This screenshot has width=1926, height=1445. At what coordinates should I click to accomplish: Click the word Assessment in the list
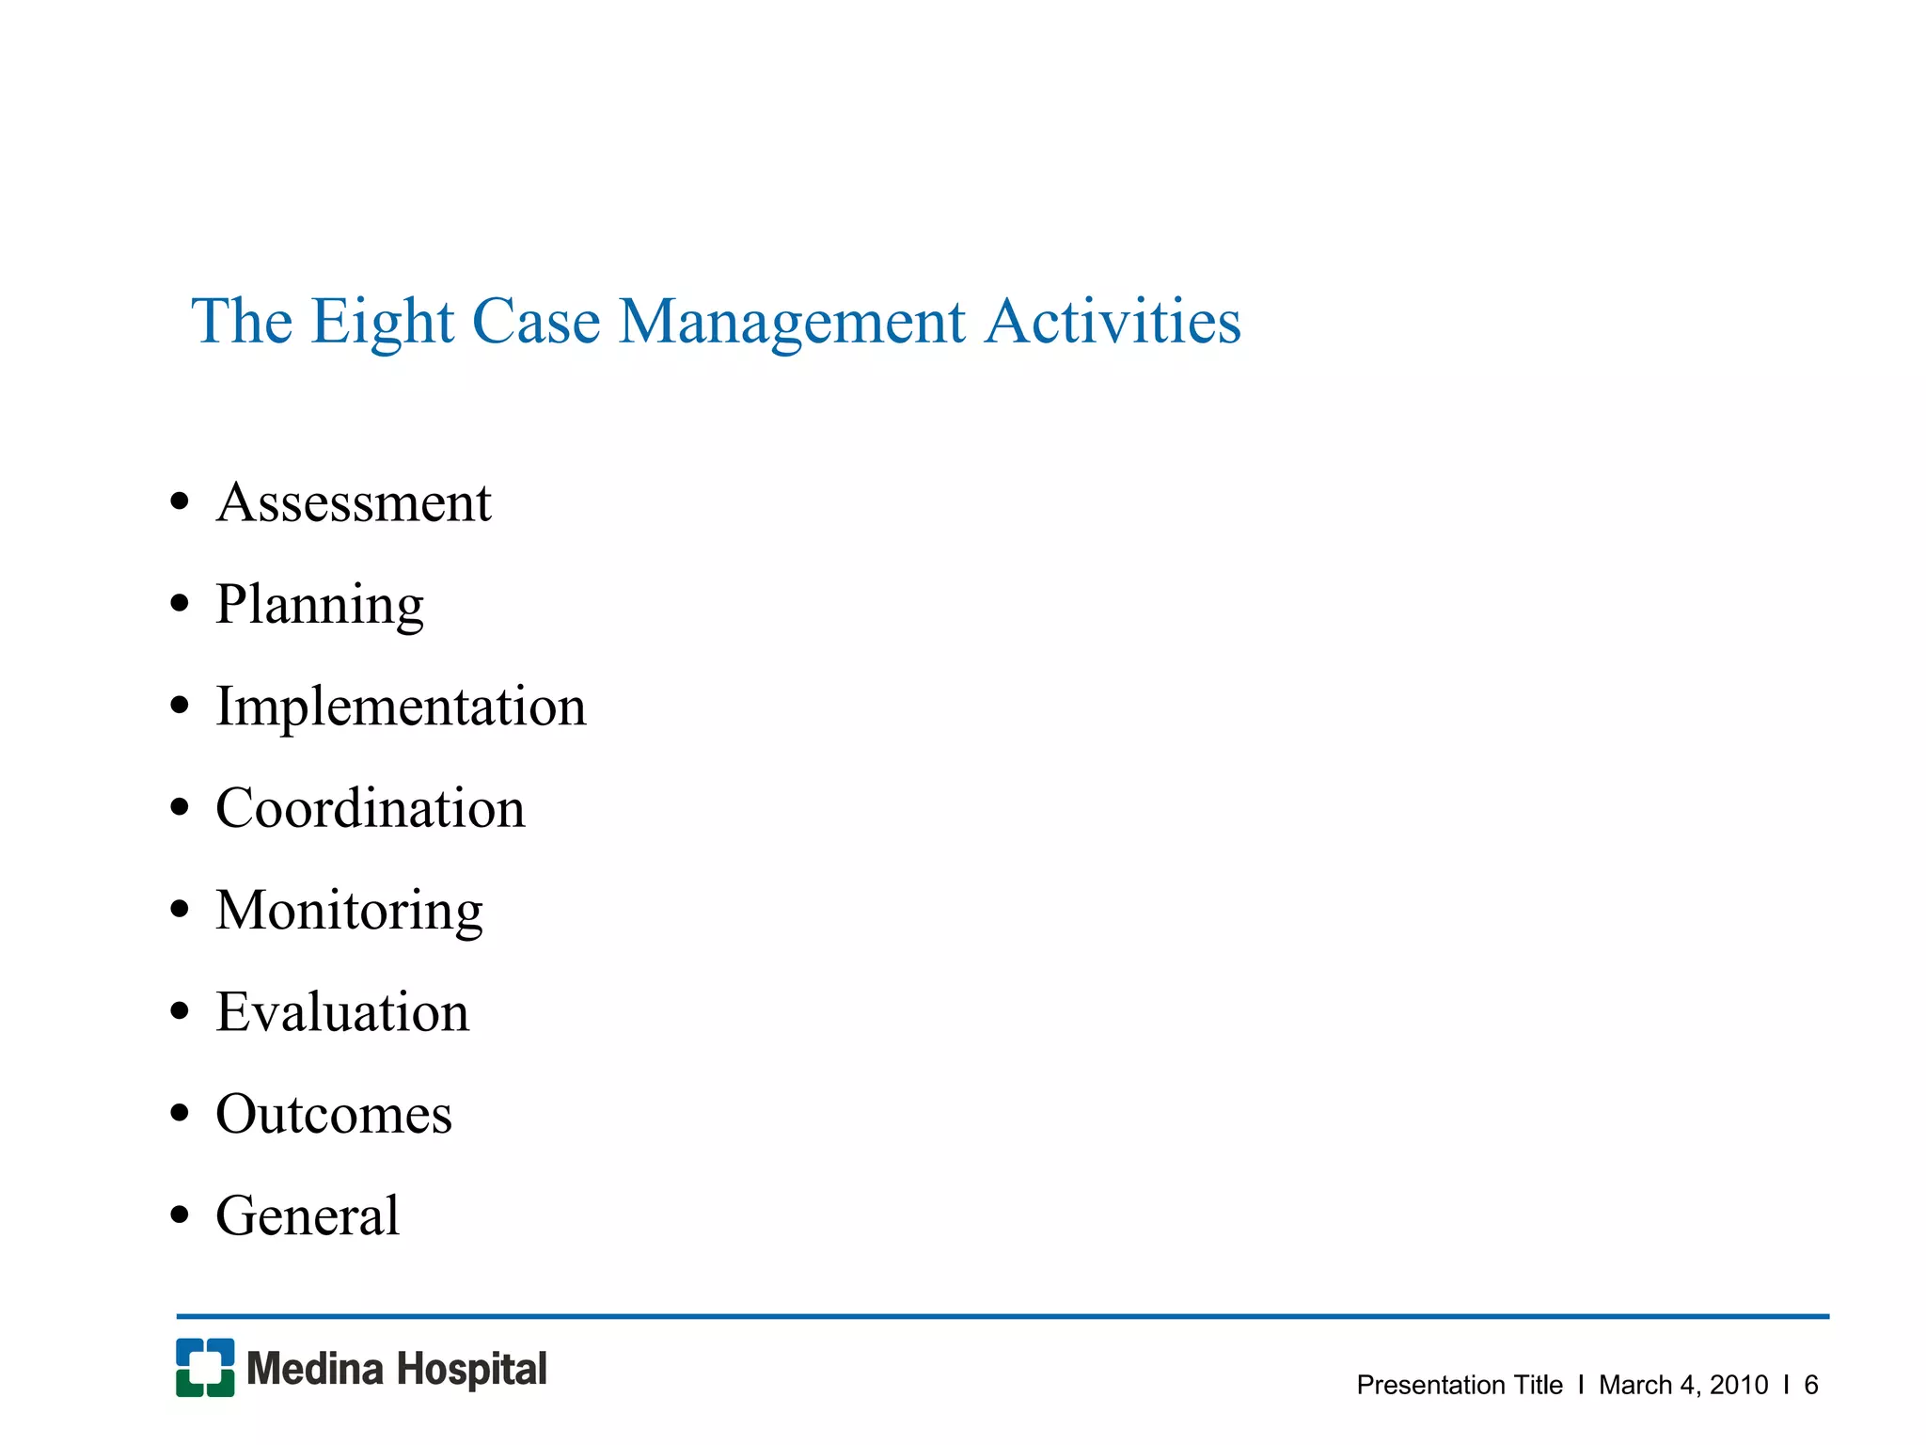click(354, 502)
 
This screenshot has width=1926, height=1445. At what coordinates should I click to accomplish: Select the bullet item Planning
click(320, 604)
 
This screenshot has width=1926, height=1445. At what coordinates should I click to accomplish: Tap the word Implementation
click(401, 707)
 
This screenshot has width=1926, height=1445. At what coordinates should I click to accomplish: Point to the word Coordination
click(371, 808)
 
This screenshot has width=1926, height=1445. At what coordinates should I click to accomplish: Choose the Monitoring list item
click(349, 910)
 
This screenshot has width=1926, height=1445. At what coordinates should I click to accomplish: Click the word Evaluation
click(342, 1012)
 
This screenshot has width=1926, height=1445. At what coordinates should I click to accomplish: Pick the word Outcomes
click(334, 1114)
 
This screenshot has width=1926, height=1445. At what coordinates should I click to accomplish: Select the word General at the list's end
click(308, 1215)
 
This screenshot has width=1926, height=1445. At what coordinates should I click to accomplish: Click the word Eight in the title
click(383, 323)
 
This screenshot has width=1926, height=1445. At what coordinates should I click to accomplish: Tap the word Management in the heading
click(792, 323)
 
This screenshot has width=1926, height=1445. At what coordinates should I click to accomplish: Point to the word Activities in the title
click(1113, 321)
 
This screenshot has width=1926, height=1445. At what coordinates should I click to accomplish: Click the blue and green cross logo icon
click(205, 1368)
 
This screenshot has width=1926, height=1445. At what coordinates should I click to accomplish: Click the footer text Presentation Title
click(1459, 1385)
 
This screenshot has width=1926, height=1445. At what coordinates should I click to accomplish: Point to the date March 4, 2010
click(1683, 1385)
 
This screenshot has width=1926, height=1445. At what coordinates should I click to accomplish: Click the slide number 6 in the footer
click(1810, 1385)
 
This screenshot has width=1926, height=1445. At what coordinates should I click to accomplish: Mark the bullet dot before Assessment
click(180, 502)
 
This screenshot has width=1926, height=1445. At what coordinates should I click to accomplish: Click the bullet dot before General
click(180, 1215)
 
